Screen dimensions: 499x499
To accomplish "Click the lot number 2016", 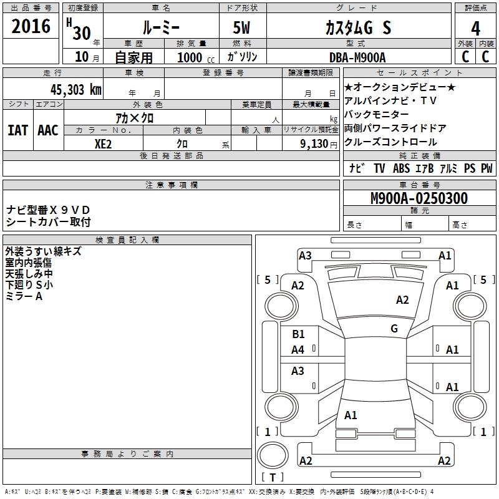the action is tap(31, 27).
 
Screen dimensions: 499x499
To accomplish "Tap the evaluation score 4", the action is tap(476, 28).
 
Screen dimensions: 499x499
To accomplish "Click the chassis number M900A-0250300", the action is tap(419, 198).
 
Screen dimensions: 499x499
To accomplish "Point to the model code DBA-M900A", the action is tap(357, 57).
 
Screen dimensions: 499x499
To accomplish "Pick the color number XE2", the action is tap(103, 143).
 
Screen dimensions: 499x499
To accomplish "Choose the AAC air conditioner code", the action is tap(48, 130).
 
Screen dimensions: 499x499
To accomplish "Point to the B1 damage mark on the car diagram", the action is tap(299, 334).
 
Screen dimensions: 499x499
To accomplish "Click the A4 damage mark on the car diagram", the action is tap(298, 350).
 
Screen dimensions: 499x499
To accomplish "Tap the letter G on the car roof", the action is tap(394, 328).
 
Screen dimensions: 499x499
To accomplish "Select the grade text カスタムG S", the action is tap(358, 27).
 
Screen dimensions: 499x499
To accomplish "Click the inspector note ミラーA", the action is tap(24, 296).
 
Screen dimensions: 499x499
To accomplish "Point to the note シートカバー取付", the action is tap(49, 221).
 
